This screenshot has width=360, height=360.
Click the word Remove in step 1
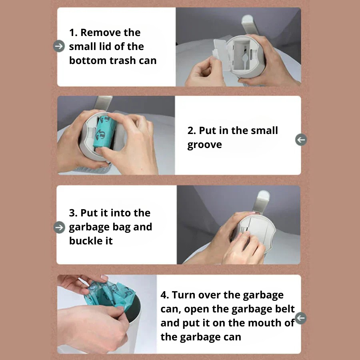pos(100,32)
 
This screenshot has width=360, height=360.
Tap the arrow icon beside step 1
pos(59,46)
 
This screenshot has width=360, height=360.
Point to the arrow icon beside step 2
pos(301,140)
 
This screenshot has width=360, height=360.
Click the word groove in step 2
pos(204,145)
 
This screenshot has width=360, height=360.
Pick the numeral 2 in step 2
pos(190,131)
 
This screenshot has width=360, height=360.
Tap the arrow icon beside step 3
pos(59,227)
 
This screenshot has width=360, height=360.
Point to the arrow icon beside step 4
pos(301,318)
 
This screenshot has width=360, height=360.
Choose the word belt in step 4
pos(284,309)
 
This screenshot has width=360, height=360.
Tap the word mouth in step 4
pos(265,323)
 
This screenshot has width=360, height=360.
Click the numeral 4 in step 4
pos(164,295)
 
